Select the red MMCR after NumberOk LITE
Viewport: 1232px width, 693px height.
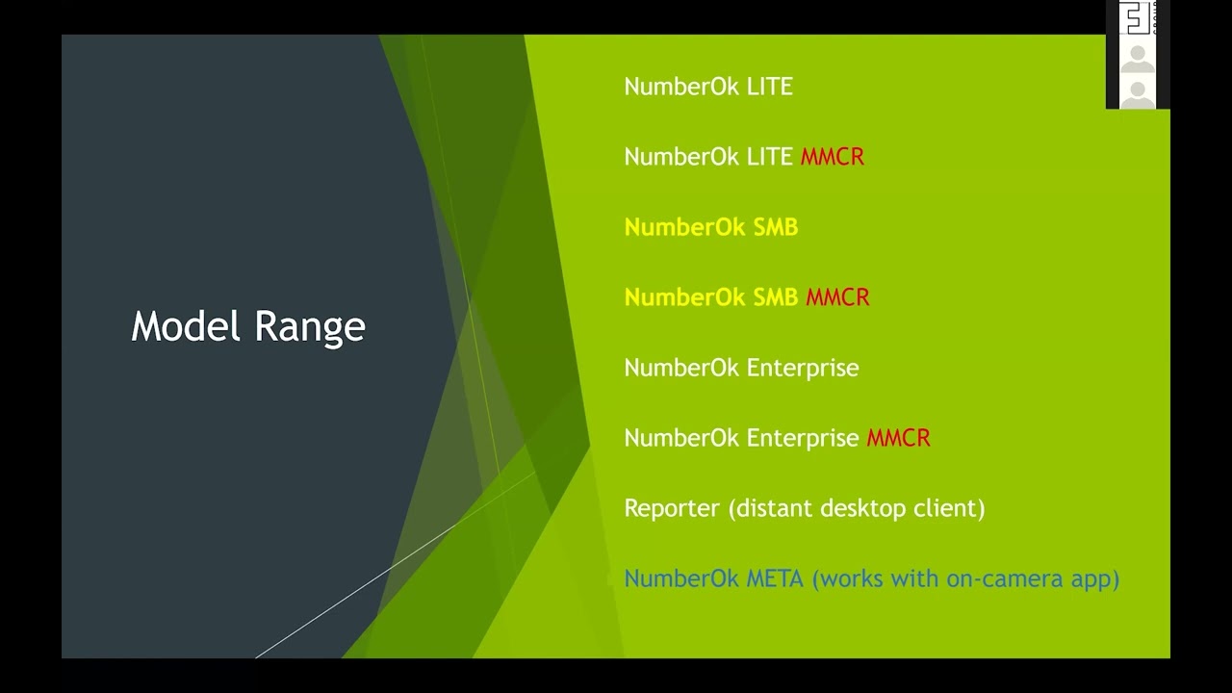point(833,157)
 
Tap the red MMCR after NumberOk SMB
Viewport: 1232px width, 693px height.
point(837,297)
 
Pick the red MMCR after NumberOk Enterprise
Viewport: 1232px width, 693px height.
point(898,438)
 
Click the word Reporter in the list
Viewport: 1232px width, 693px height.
point(672,508)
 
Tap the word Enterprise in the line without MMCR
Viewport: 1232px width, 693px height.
point(803,368)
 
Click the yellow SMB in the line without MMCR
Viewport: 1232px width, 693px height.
point(775,227)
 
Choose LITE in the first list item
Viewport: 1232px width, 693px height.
point(769,87)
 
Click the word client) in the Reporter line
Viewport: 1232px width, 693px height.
point(951,508)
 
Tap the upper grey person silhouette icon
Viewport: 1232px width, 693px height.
point(1138,58)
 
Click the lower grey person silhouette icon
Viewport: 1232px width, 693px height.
point(1138,94)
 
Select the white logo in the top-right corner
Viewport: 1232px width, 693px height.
point(1137,18)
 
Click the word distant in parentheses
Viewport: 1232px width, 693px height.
point(767,508)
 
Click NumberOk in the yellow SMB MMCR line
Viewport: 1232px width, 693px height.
point(684,297)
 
